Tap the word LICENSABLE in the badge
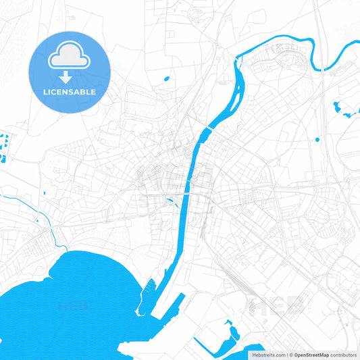pos(69,92)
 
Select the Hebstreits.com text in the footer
pos(268,354)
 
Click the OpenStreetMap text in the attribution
pos(311,354)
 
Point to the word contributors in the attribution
pos(343,354)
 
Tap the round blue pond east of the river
pos(317,140)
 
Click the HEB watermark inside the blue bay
pos(72,306)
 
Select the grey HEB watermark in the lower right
pos(278,306)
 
